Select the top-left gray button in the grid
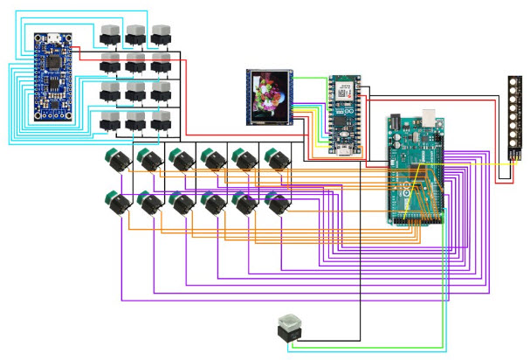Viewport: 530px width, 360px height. [x=110, y=34]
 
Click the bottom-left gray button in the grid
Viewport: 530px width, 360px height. [x=110, y=121]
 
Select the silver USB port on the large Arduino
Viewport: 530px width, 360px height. [x=430, y=117]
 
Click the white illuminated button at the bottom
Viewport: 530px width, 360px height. [x=288, y=326]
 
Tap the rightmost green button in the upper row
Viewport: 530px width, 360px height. [x=273, y=160]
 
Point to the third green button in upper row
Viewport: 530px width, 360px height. [x=181, y=160]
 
